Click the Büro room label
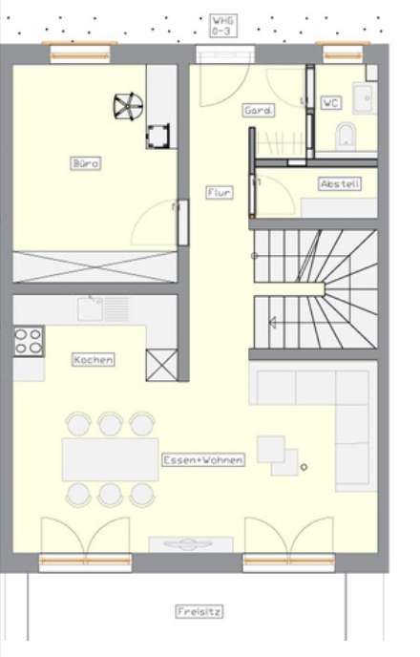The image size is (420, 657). tap(86, 163)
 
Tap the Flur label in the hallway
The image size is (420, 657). tap(219, 192)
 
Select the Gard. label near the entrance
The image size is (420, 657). tap(258, 110)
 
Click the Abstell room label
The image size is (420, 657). tap(340, 183)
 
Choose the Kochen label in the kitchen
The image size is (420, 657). tap(94, 360)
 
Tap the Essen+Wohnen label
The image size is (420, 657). tap(203, 459)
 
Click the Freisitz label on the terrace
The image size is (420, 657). tap(199, 611)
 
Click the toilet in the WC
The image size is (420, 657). tap(346, 135)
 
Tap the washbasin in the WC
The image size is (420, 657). tap(363, 96)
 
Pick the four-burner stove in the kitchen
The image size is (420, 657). tap(28, 341)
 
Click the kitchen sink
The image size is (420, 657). tap(93, 307)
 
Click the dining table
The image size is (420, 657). tap(110, 458)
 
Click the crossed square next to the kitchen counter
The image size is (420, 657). tap(160, 365)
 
